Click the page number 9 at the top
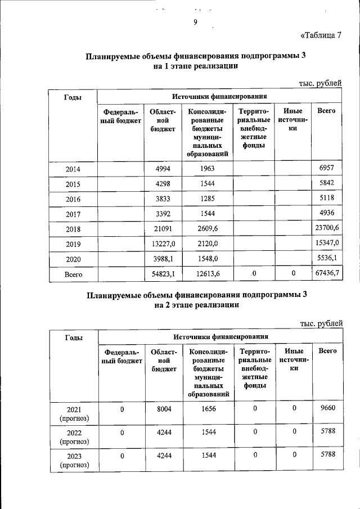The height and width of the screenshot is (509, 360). click(x=195, y=22)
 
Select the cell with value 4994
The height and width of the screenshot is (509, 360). click(x=163, y=168)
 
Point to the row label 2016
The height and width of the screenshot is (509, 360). click(x=73, y=199)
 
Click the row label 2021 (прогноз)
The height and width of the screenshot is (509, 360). click(x=74, y=413)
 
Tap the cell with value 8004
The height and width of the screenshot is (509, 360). click(x=164, y=409)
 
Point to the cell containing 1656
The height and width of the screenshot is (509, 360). click(x=209, y=409)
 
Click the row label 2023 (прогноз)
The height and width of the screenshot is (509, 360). click(x=74, y=461)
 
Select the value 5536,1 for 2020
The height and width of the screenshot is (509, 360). click(x=330, y=258)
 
